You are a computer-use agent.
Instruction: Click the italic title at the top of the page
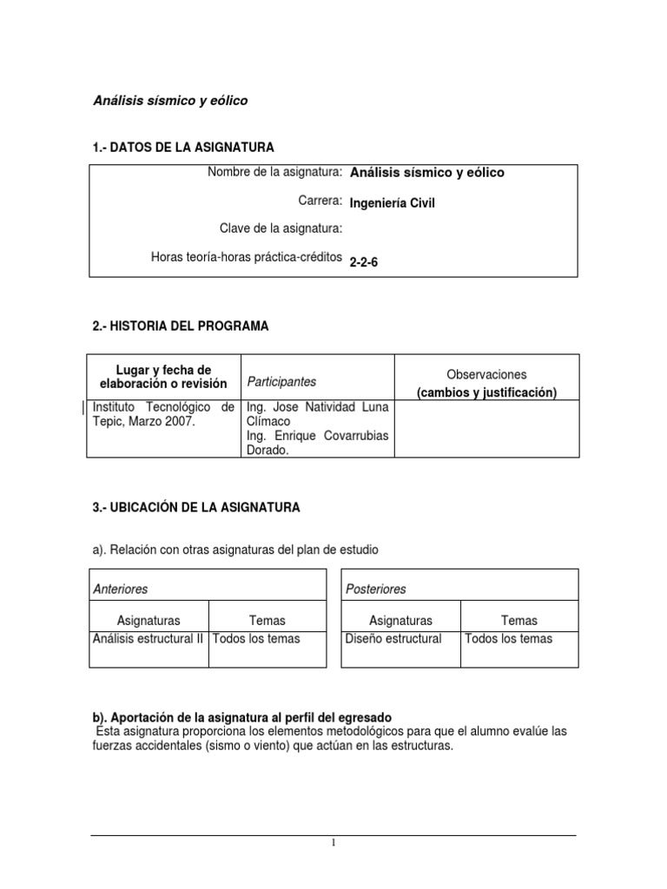click(x=170, y=101)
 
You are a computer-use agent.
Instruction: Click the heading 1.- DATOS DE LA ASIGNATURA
click(x=183, y=148)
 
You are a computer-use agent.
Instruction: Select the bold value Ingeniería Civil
click(x=392, y=203)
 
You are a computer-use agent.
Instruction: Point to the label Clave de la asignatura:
click(x=281, y=228)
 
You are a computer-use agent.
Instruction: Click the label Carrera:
click(x=319, y=201)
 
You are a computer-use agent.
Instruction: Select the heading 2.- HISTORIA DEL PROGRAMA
click(x=181, y=326)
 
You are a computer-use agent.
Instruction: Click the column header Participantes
click(x=282, y=381)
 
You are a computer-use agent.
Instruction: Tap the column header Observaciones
click(x=486, y=374)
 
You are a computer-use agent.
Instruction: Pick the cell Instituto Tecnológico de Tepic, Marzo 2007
click(x=163, y=413)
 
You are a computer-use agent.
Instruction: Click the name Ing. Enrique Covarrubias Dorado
click(x=318, y=443)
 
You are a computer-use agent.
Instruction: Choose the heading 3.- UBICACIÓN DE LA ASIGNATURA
click(x=196, y=507)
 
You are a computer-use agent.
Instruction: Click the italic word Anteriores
click(x=121, y=589)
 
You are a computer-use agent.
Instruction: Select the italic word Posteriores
click(x=376, y=589)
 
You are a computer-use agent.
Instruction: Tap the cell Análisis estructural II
click(x=149, y=639)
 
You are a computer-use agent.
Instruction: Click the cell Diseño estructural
click(x=393, y=639)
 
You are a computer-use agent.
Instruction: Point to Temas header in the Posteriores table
click(x=518, y=620)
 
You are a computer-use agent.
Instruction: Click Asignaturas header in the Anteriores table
click(x=149, y=620)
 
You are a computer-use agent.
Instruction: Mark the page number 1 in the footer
click(x=333, y=842)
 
